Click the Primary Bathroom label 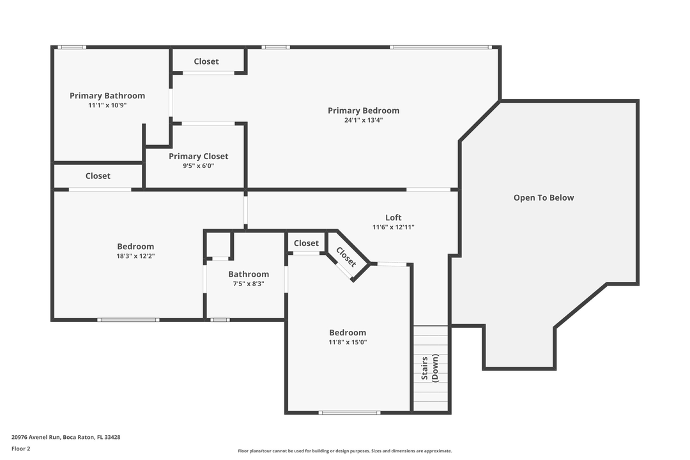tap(107, 96)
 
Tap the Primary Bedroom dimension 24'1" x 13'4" tap(364, 119)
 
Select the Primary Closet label tap(198, 157)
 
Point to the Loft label tap(394, 217)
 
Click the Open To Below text tap(544, 198)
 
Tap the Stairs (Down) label tap(430, 367)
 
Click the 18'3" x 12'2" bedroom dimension tap(135, 256)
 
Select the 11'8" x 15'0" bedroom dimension tap(348, 342)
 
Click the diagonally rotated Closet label tap(346, 257)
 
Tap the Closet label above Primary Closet tap(206, 61)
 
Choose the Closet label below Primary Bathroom tap(98, 176)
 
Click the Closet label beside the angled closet tap(306, 243)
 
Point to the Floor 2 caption tap(20, 448)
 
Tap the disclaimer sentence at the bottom tap(345, 451)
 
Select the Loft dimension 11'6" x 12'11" tap(394, 227)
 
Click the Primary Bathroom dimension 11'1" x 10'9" tap(107, 105)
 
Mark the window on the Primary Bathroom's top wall tap(72, 47)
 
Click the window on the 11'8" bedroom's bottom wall tap(349, 412)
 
